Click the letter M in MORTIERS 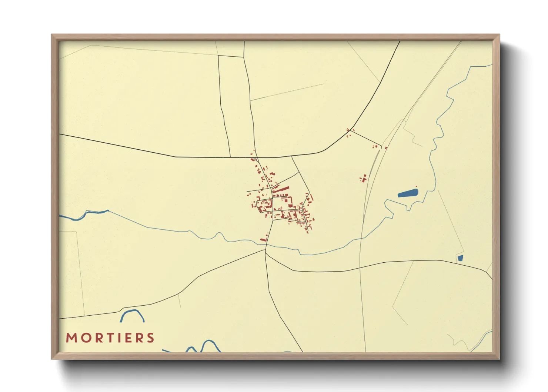click(71, 338)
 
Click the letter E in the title click(127, 338)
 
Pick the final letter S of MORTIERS click(150, 338)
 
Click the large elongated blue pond click(408, 193)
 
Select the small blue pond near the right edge click(460, 258)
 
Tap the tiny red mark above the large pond click(417, 186)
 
